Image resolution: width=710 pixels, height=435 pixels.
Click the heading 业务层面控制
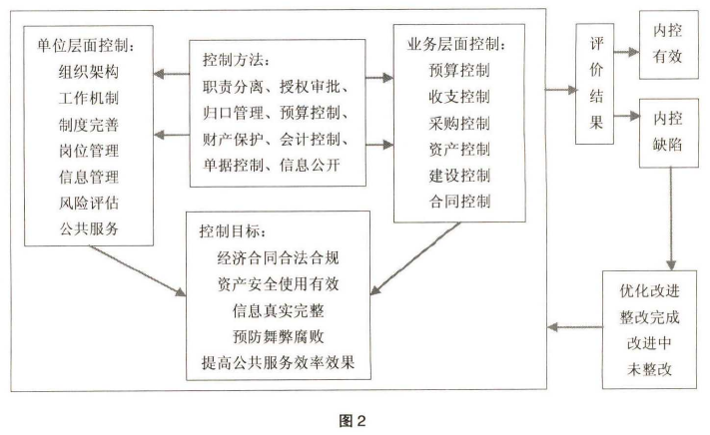tap(456, 46)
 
